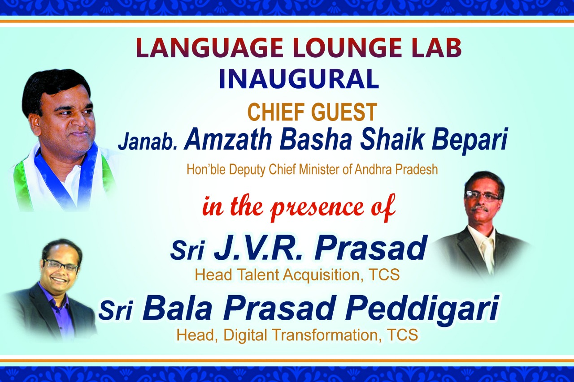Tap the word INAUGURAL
299,79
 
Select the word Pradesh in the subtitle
416,169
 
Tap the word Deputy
247,170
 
